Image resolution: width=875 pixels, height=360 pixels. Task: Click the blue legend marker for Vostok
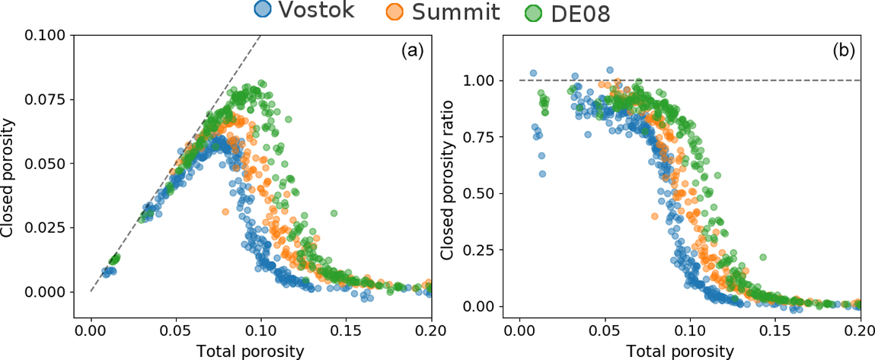click(x=263, y=11)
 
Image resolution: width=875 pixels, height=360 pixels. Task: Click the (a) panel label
click(x=412, y=52)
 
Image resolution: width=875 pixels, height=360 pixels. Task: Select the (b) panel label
click(x=842, y=52)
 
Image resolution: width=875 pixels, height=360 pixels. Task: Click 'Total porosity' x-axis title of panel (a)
click(x=251, y=351)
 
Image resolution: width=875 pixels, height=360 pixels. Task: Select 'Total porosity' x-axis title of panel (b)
click(x=680, y=351)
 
